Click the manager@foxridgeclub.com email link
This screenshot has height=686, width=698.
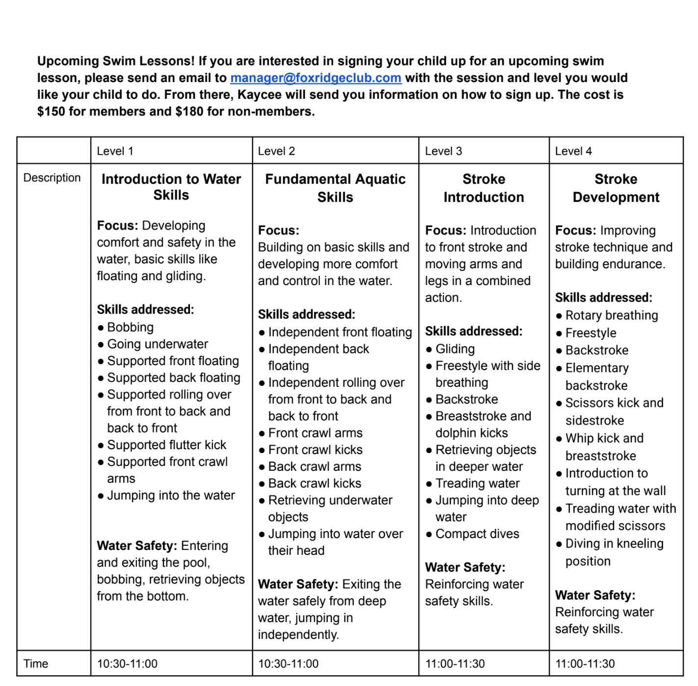click(316, 78)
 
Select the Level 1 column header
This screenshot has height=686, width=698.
click(115, 151)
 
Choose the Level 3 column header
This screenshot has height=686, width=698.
click(443, 151)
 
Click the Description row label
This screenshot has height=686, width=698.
click(52, 178)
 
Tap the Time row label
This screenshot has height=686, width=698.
click(36, 664)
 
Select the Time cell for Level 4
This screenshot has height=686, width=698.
click(585, 664)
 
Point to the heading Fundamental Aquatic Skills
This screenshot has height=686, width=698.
click(335, 188)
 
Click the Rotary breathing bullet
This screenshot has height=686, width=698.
click(611, 315)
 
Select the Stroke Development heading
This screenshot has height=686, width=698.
click(616, 188)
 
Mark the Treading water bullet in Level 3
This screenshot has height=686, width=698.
click(477, 484)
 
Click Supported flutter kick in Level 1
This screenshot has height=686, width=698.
click(166, 445)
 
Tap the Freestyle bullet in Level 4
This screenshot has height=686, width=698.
click(591, 333)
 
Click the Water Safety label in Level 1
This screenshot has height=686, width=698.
click(137, 546)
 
